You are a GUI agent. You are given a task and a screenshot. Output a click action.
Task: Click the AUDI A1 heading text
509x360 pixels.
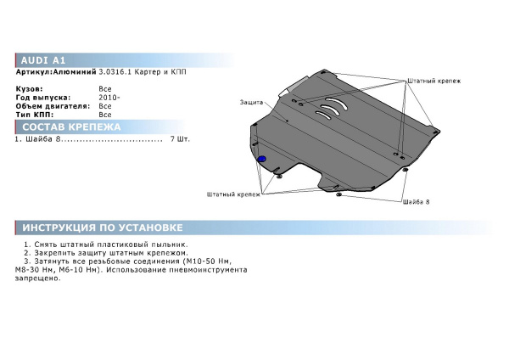point(43,60)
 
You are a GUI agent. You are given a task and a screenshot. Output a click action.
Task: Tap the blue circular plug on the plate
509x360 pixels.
point(261,160)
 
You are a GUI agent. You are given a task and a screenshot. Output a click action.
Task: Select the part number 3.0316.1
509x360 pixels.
point(115,72)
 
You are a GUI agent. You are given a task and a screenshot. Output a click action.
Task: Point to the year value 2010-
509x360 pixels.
point(109,98)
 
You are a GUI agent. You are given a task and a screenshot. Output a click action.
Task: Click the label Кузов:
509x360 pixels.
point(29,89)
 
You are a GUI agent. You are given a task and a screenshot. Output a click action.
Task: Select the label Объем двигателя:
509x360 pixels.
point(53,106)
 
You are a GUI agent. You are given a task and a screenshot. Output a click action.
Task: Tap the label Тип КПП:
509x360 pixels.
point(35,115)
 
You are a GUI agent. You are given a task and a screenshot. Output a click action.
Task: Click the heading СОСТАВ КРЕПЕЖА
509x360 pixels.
point(71,127)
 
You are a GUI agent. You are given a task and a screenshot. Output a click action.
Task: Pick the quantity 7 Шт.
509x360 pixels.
point(180,139)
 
